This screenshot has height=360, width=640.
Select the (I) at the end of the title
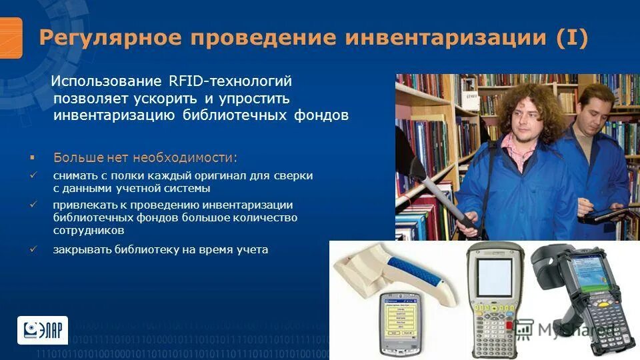(x=573, y=38)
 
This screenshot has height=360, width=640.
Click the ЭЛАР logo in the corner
(x=42, y=329)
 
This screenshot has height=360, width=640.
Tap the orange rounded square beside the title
(x=11, y=37)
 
